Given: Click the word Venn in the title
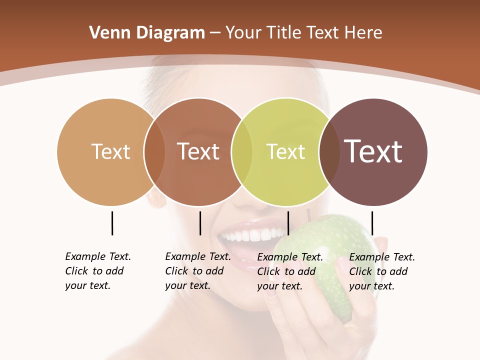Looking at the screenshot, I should click(104, 33).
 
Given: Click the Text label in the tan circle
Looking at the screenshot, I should click(110, 151).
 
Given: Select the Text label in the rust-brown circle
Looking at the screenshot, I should click(198, 151).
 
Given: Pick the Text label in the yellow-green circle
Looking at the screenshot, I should click(285, 151).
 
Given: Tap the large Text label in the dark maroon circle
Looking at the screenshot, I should click(373, 151).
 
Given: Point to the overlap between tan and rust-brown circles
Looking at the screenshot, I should click(154, 151).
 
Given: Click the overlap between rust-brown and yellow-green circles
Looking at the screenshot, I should click(242, 151).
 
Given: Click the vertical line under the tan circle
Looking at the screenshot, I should click(112, 223).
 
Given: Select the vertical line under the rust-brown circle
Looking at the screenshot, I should click(200, 223).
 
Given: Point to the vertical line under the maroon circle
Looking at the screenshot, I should click(372, 223).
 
